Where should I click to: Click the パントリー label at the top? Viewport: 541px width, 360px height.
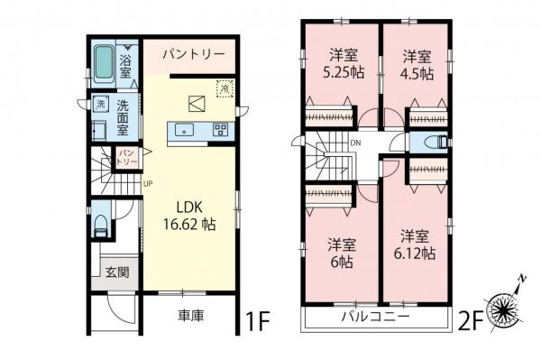[193, 55]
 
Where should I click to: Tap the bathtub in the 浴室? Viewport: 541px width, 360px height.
[105, 60]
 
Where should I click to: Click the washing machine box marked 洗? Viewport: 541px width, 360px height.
[100, 104]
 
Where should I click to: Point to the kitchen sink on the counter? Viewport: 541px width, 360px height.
[185, 130]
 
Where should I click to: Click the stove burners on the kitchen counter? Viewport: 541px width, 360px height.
[220, 130]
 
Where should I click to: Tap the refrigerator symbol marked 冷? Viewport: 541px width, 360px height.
[223, 88]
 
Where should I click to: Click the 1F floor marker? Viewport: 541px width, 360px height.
[258, 318]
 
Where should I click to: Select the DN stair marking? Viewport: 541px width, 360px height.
[356, 143]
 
